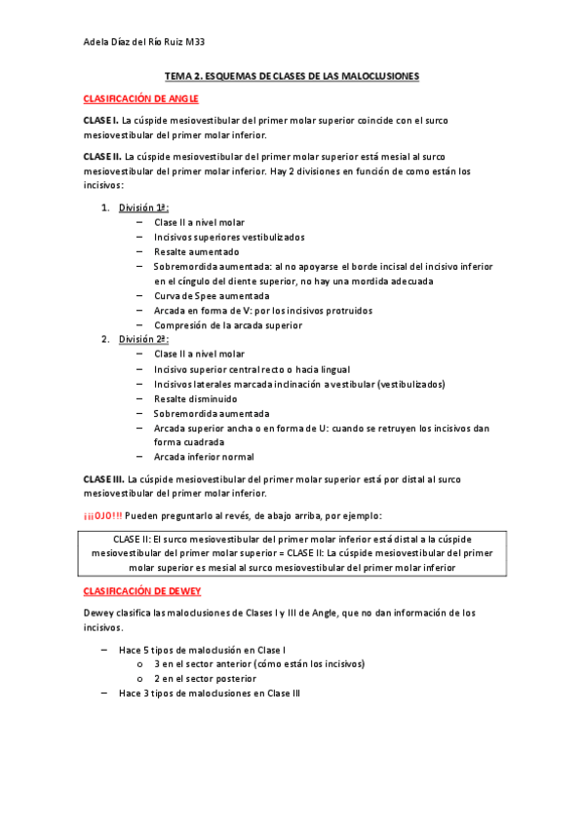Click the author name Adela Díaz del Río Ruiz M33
coord(144,42)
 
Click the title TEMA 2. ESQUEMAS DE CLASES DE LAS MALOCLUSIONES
coord(292,75)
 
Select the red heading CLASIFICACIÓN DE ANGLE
coord(140,98)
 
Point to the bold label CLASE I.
coord(100,120)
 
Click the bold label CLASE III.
coord(103,479)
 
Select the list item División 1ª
coord(143,207)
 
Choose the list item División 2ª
coord(144,339)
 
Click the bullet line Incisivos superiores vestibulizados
coord(228,237)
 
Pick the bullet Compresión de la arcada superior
coord(227,324)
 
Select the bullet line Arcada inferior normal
coord(204,456)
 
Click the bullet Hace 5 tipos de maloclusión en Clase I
coord(202,649)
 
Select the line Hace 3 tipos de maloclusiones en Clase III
coord(210,693)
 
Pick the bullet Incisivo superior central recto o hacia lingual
coord(251,369)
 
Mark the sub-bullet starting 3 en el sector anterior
coord(258,663)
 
